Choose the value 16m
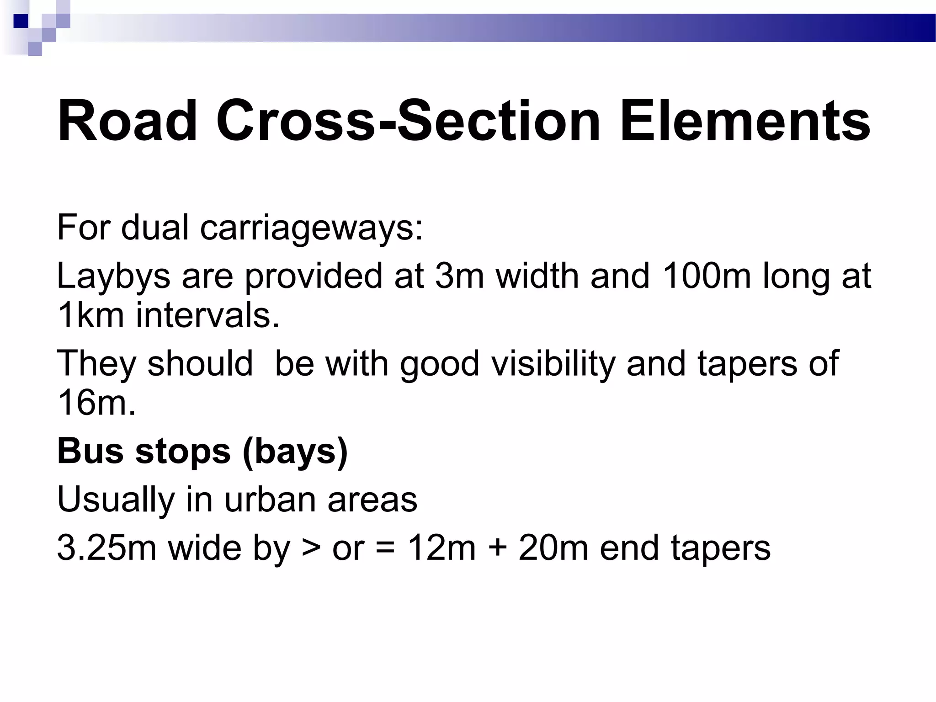tap(96, 403)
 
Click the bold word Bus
tap(90, 451)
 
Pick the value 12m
tap(441, 548)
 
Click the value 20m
tap(553, 548)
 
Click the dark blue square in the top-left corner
tap(21, 21)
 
